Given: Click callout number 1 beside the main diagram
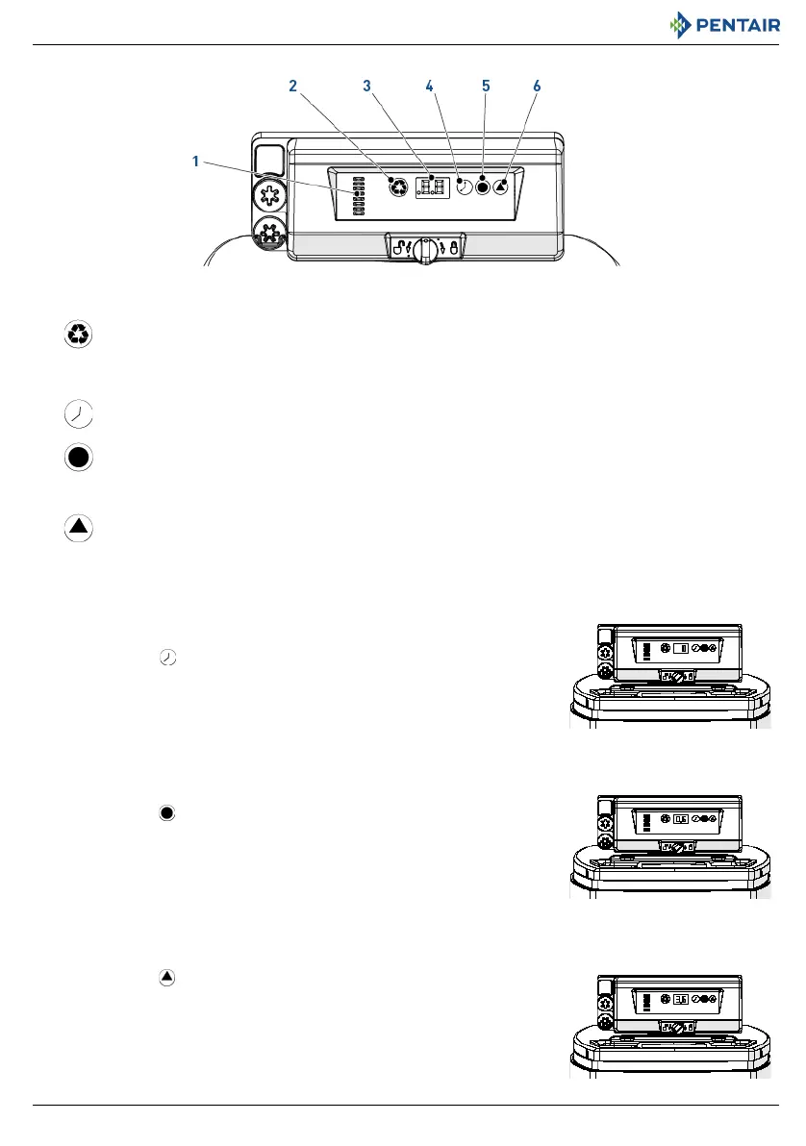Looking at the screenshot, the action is click(195, 162).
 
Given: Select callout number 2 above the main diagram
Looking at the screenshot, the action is click(292, 86).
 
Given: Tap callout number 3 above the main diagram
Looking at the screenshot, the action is click(366, 86).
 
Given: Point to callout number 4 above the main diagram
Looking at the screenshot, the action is click(430, 86).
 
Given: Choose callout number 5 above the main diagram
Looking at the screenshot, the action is click(486, 86).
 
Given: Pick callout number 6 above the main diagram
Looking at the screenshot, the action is click(537, 86).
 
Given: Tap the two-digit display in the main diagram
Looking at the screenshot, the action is click(430, 187).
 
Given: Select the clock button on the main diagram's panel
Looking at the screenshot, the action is click(464, 187).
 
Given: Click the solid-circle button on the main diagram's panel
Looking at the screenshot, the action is click(483, 187).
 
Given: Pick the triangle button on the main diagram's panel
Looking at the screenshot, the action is click(501, 187).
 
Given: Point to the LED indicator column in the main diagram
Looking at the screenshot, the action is click(359, 196).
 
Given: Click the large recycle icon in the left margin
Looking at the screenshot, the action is click(79, 335).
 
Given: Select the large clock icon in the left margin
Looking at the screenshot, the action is click(79, 414).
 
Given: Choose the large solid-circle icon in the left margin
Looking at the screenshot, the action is click(79, 458).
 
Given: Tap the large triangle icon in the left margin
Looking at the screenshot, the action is click(79, 528).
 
